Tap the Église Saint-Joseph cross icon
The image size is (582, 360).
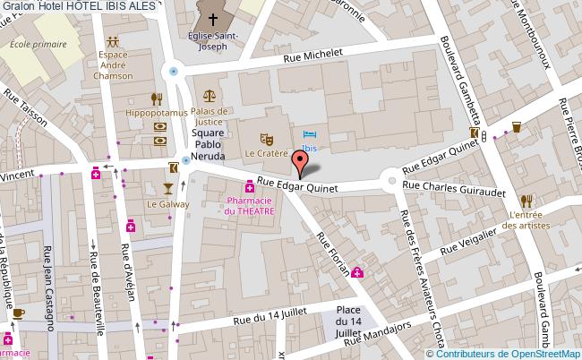point(212,18)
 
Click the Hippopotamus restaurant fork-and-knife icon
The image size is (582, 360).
point(157,99)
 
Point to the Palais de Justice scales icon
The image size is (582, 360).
point(209,94)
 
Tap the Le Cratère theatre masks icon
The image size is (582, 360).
point(265,139)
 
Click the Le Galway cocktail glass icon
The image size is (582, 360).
point(166,187)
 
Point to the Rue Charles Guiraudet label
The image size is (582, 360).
point(454,187)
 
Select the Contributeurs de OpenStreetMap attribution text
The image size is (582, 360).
point(510,353)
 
